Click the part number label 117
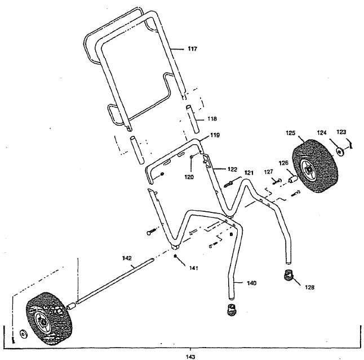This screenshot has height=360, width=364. (192, 49)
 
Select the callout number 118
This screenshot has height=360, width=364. (196, 119)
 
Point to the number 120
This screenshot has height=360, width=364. (189, 176)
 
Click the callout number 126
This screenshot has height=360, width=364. (283, 163)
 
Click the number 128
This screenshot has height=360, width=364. (309, 287)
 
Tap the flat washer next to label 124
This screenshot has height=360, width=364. (341, 152)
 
